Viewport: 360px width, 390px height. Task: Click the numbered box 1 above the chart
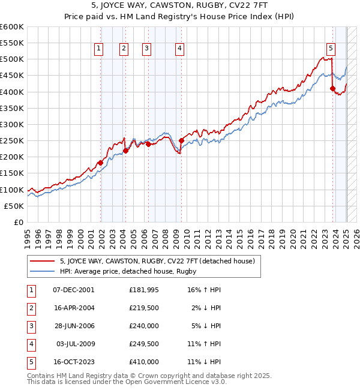(x=98, y=49)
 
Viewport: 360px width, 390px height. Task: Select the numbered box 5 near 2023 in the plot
(x=331, y=49)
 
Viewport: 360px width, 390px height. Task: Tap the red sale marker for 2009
(x=181, y=140)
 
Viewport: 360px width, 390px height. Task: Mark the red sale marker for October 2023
(x=332, y=89)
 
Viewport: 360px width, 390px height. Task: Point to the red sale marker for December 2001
(x=100, y=163)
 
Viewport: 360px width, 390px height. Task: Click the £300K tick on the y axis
(x=12, y=124)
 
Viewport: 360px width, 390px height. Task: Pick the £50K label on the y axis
(x=14, y=206)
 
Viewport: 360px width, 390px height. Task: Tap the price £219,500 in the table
(x=144, y=308)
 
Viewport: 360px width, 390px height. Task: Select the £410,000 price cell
(x=144, y=362)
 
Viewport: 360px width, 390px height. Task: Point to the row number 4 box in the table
(x=29, y=344)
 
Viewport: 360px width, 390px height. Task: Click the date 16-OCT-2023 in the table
(x=74, y=362)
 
